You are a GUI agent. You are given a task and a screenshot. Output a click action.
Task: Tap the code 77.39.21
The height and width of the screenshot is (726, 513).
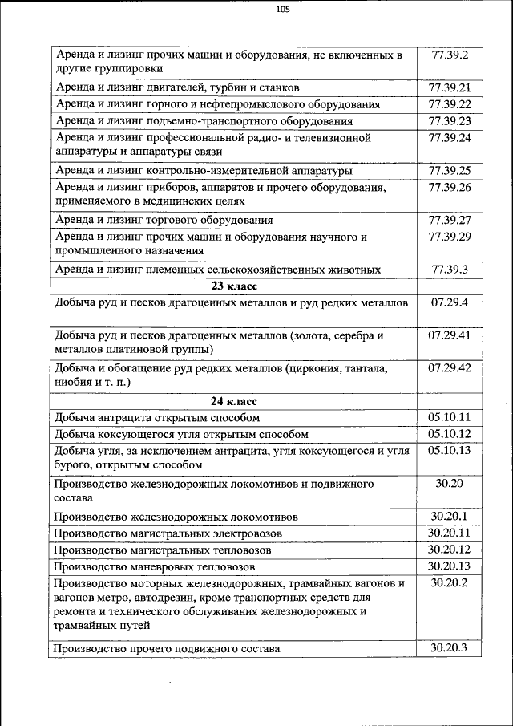[449, 87]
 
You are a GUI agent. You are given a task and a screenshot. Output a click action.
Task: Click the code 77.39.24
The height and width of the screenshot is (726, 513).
[449, 137]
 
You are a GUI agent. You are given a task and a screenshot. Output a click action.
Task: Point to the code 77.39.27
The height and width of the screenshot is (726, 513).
[449, 219]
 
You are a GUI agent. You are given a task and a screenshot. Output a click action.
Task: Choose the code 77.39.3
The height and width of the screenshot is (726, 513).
[449, 269]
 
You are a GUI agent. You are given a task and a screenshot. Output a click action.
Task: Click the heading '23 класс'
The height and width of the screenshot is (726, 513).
[233, 286]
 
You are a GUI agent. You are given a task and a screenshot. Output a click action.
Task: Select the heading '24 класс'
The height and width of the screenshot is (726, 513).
[233, 401]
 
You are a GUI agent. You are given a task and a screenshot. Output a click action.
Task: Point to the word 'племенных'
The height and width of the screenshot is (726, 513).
[176, 270]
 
